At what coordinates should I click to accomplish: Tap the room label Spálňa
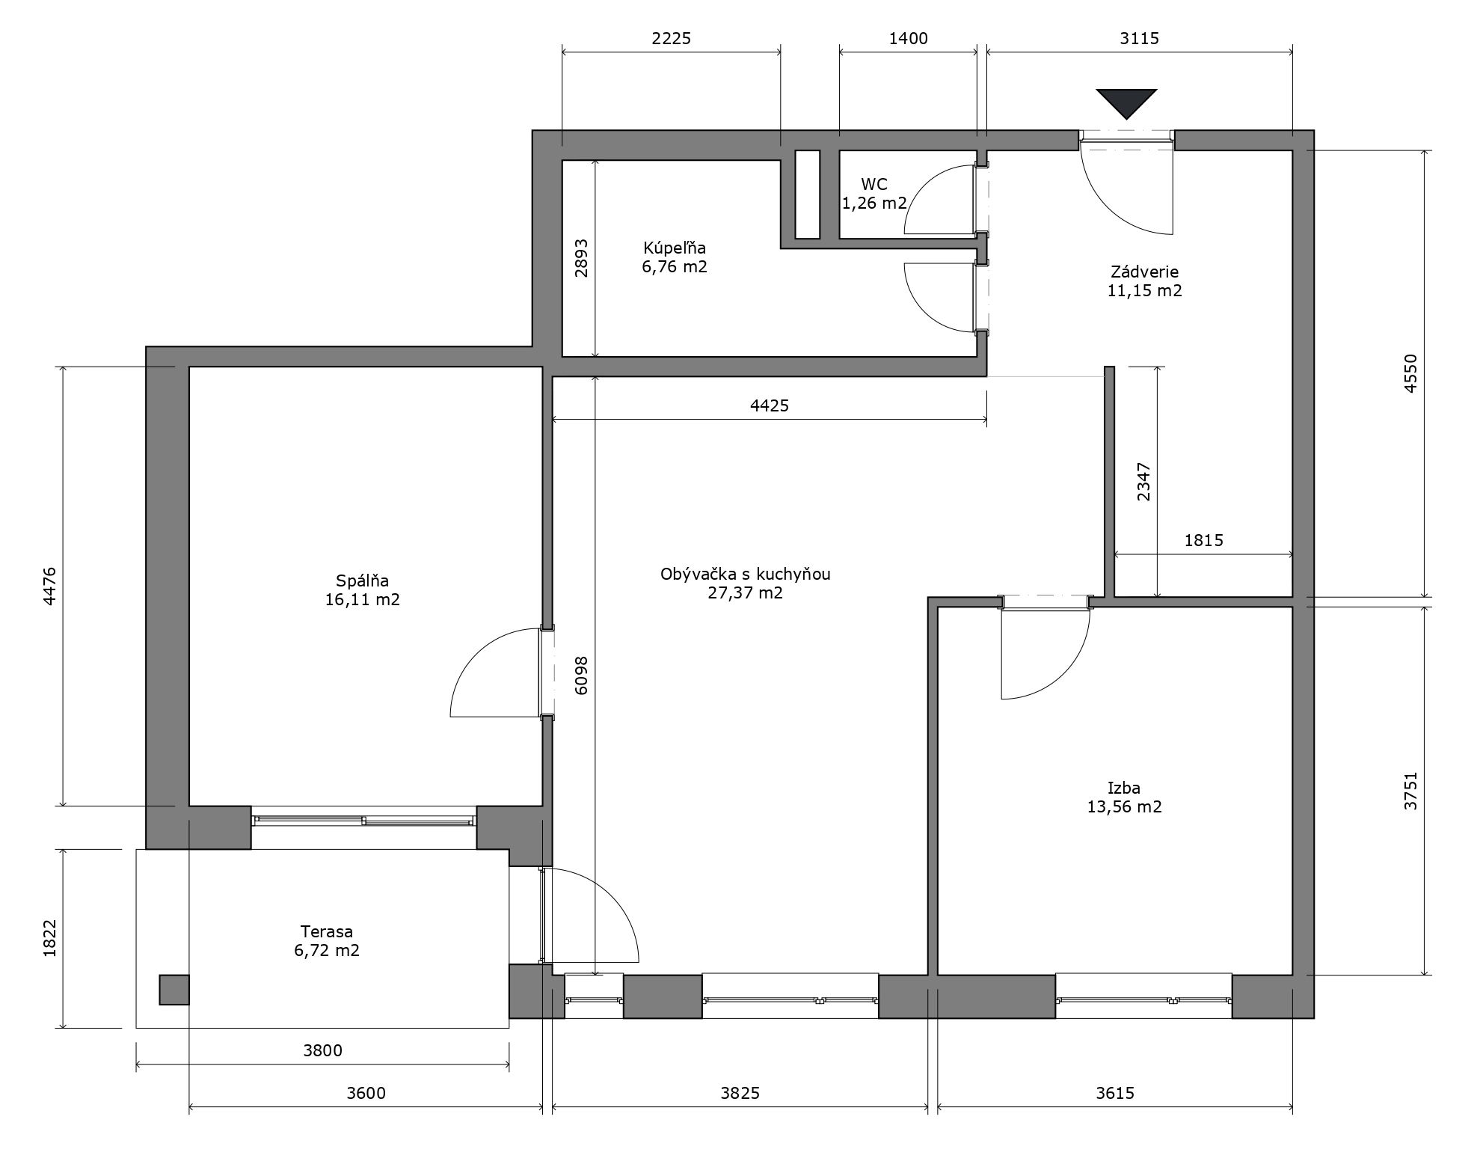362,581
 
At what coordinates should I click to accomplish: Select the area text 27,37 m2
745,593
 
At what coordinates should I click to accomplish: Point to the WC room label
874,184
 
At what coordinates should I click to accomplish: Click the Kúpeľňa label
675,248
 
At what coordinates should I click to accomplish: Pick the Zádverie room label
1144,272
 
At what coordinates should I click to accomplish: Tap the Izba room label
1124,788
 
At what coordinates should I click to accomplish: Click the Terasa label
327,932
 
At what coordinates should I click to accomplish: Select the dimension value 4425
770,405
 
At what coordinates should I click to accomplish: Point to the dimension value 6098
582,676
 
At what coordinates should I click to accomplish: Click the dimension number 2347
1143,483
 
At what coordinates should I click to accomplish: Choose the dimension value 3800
322,1050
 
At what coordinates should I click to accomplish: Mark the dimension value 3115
1139,38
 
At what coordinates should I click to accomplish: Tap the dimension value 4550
1410,374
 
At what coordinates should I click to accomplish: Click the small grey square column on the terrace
174,990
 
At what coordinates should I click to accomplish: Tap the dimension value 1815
1203,540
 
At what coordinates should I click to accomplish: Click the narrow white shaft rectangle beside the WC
807,194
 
